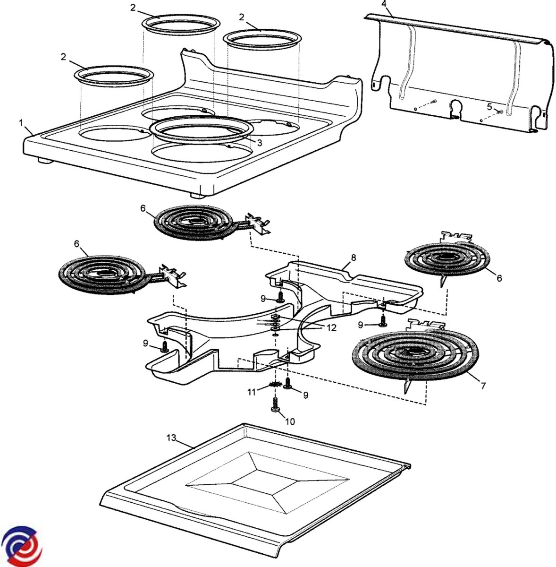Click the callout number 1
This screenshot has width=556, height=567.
(21, 122)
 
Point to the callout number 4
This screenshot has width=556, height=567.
(384, 4)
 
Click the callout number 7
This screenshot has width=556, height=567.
(483, 385)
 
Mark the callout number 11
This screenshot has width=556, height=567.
(252, 392)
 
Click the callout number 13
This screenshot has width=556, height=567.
(171, 438)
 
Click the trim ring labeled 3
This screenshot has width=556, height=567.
(199, 129)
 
